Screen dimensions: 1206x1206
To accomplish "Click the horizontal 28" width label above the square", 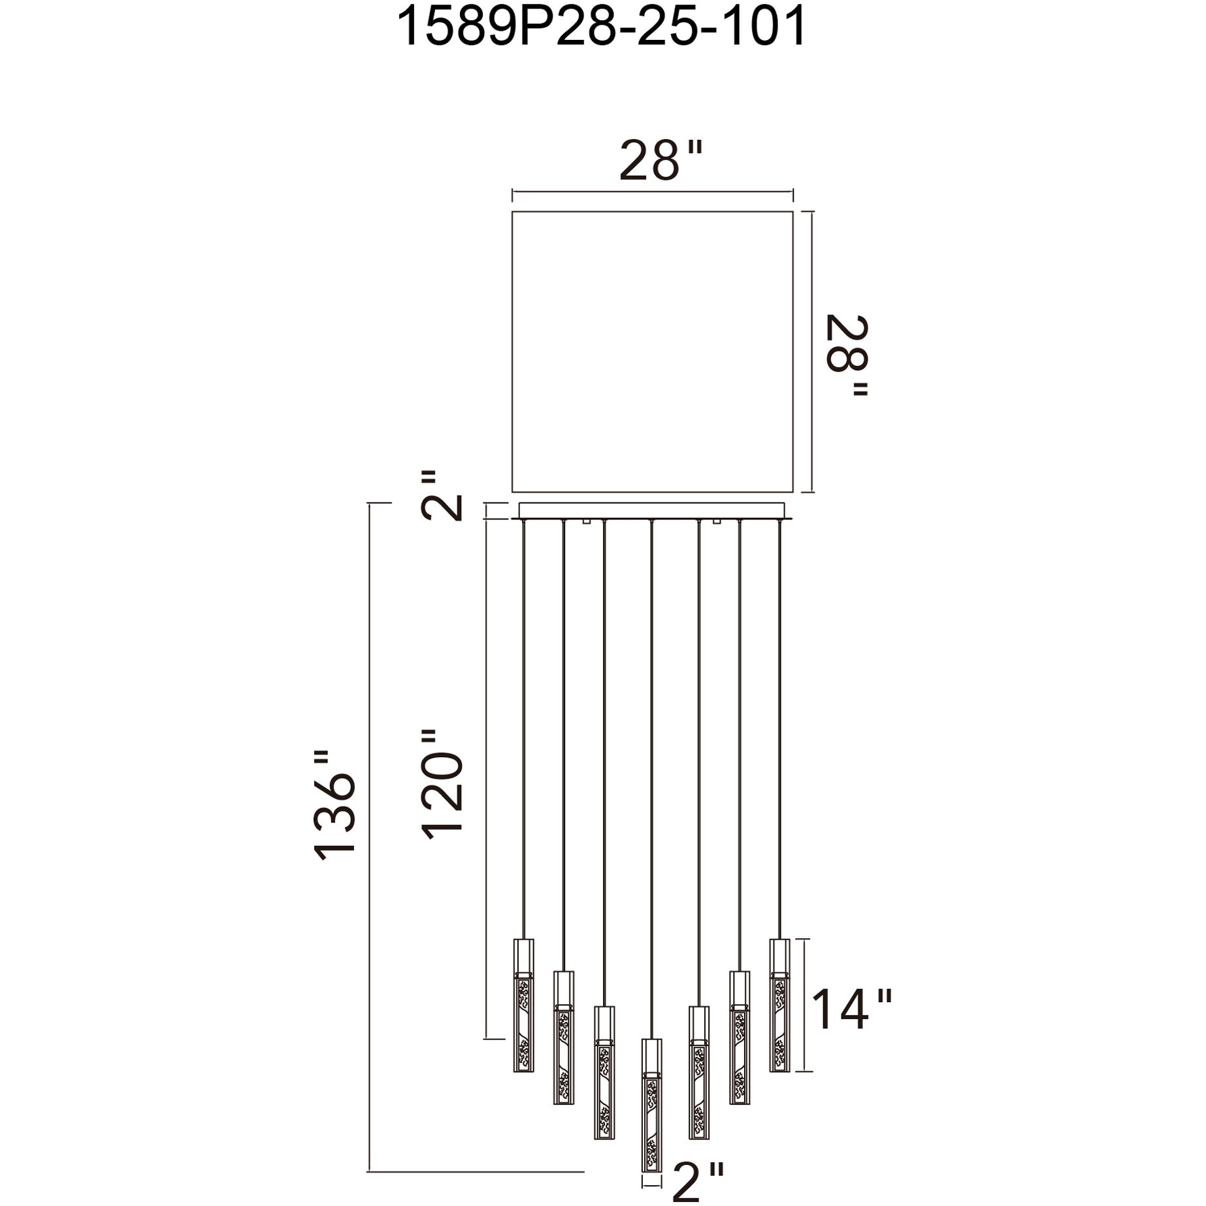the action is [660, 161].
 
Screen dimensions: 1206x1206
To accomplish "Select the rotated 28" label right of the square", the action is [847, 356].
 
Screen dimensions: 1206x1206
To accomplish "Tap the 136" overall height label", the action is [335, 806].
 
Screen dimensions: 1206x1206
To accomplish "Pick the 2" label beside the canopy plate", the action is [442, 495].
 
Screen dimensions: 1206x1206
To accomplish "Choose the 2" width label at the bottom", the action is [698, 1182].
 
